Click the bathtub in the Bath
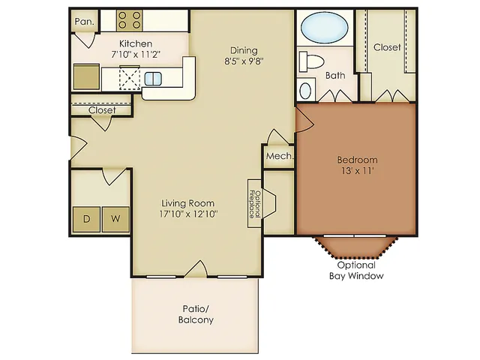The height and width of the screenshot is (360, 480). click(x=325, y=28)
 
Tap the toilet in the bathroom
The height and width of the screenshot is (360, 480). click(x=311, y=61)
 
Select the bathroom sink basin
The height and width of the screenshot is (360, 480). click(x=305, y=91)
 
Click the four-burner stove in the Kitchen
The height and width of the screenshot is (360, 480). click(x=129, y=20)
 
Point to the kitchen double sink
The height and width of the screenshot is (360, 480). click(x=153, y=79)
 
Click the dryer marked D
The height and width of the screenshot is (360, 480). click(x=87, y=219)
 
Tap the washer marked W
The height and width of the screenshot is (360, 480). click(x=115, y=219)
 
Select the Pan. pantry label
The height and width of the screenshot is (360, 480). click(x=85, y=22)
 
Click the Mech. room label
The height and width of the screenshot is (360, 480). click(x=280, y=156)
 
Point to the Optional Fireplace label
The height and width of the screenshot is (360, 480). click(x=255, y=204)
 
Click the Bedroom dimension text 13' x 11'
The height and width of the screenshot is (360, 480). click(x=358, y=170)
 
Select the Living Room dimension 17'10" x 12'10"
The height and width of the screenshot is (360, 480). click(x=188, y=214)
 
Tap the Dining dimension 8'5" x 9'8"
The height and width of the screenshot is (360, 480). click(x=244, y=61)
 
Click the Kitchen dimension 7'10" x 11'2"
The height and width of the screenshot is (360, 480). click(x=136, y=55)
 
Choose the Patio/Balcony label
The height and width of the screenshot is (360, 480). click(x=196, y=314)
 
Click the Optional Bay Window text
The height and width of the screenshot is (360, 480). click(x=356, y=270)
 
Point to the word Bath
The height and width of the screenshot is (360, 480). click(x=335, y=75)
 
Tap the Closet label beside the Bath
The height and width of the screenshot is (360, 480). click(x=387, y=47)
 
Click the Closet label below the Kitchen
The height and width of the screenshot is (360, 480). click(x=102, y=110)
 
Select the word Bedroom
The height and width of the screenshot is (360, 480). click(x=357, y=160)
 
